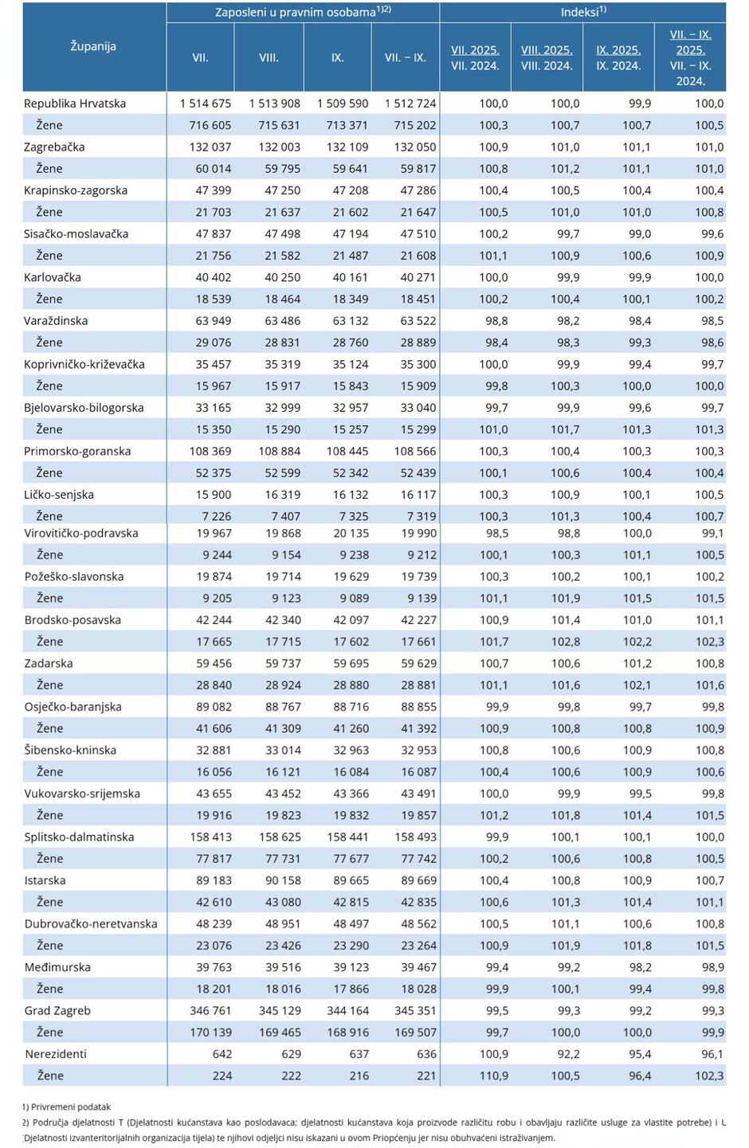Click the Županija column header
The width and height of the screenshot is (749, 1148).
click(93, 46)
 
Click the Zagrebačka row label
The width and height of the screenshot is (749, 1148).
click(54, 147)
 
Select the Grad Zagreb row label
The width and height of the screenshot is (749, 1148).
click(57, 1010)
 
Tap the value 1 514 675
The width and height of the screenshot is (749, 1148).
click(205, 104)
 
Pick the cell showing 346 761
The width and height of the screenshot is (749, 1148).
click(210, 1010)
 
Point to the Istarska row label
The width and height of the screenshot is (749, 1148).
click(45, 880)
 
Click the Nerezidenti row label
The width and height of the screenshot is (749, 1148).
click(55, 1054)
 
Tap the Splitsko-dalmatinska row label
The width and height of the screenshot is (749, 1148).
click(79, 837)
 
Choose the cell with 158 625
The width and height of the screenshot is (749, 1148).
click(275, 837)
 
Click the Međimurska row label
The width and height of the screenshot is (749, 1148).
click(57, 967)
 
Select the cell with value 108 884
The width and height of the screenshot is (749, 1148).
click(275, 451)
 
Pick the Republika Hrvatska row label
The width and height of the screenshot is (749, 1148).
click(75, 104)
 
